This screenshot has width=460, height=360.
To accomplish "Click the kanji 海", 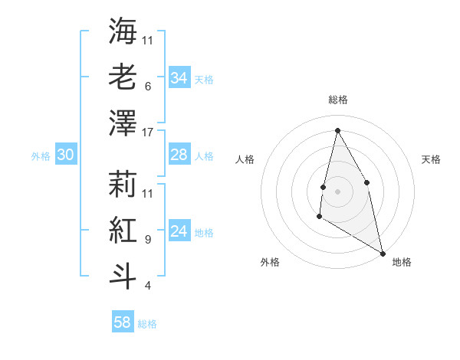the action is coord(123,31).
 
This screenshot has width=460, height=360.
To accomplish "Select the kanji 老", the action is coord(123,77).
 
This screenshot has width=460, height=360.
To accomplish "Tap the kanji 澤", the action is coord(123,123).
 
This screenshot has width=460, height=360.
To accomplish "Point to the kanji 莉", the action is coord(123,184).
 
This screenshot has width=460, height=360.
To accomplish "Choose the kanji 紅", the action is coord(123,230).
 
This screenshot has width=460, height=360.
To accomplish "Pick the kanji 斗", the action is coord(123,276).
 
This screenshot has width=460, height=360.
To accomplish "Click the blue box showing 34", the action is coord(179,78).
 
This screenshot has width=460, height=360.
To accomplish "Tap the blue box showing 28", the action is coord(179,155).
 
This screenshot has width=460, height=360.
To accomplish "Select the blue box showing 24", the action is coord(179,232).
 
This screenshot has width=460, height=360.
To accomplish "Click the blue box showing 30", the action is coord(65,155).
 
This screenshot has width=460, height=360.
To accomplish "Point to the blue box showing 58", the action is coord(122,322).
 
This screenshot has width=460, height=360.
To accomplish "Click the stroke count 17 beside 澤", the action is coord(148,132).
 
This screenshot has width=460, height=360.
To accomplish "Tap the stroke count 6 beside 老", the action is coord(147,86).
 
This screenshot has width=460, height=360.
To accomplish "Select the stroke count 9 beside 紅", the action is coord(147,239).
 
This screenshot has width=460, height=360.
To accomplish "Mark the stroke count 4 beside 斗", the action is coord(147,286).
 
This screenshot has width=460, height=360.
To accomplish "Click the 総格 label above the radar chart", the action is coord(337,100).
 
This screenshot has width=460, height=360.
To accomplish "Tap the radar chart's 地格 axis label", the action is coord(402,262).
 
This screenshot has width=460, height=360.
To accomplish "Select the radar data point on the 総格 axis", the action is coord(337,129).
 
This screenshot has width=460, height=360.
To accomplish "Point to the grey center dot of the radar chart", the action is coord(337,191).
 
